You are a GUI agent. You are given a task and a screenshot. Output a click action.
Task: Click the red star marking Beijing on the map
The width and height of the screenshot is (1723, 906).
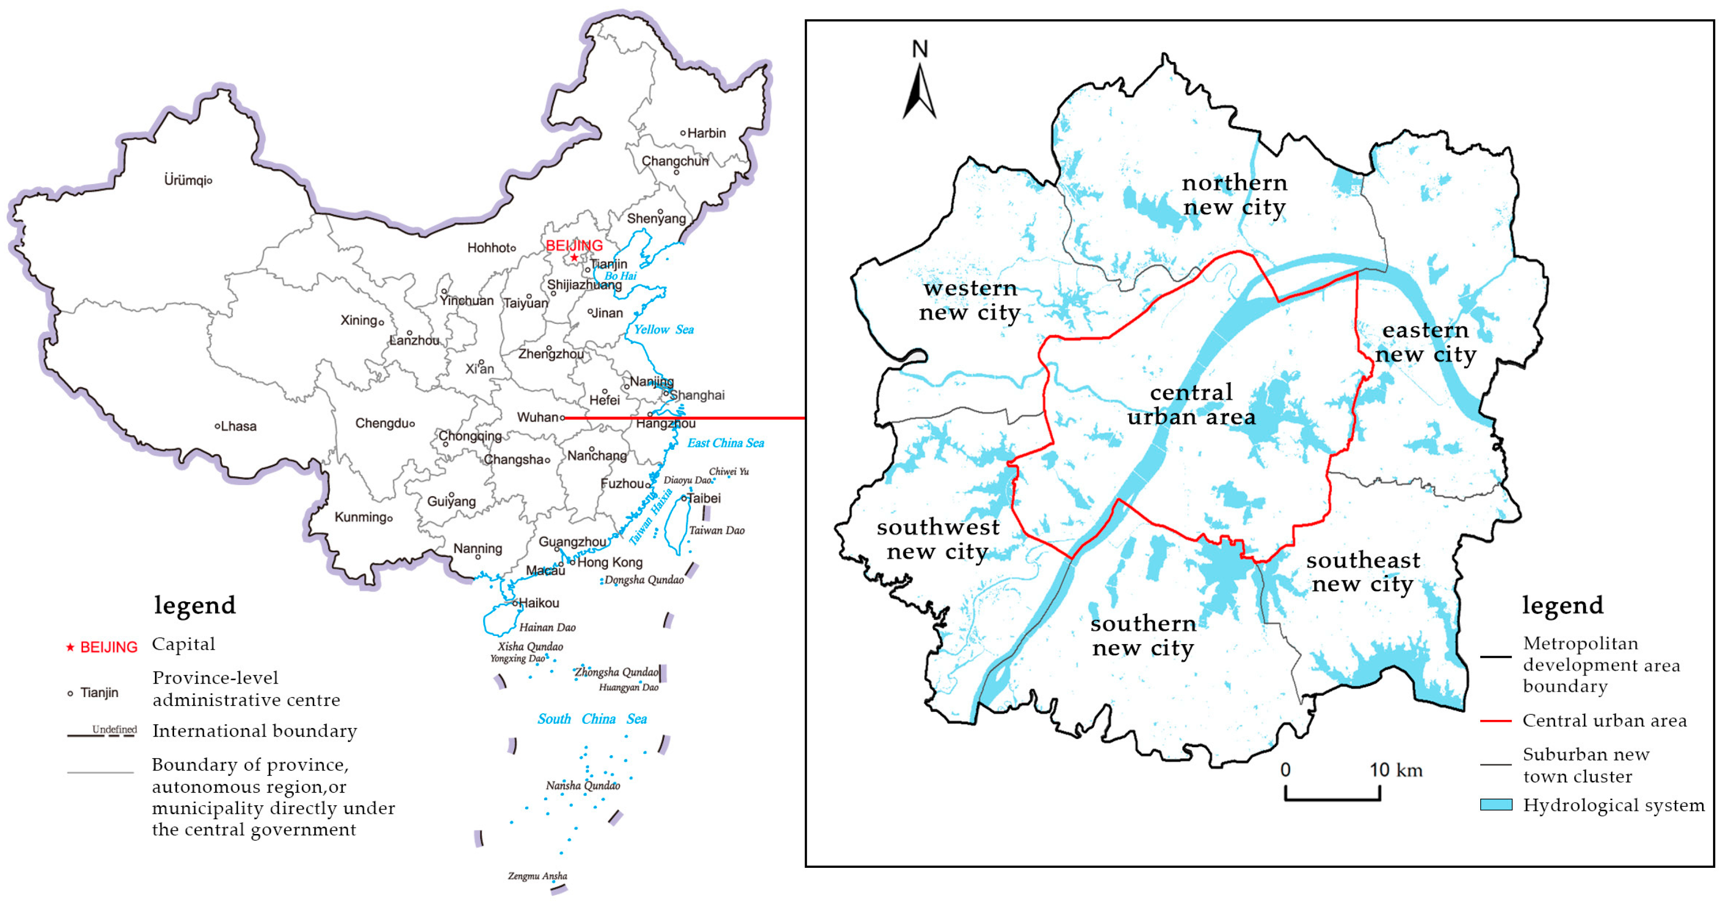[x=574, y=258]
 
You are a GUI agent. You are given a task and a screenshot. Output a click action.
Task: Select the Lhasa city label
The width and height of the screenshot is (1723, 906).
[x=238, y=426]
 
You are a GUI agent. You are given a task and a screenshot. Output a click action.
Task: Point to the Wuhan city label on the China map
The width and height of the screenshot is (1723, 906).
[x=537, y=417]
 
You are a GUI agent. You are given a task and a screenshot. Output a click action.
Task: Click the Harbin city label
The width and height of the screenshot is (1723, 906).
[x=706, y=133]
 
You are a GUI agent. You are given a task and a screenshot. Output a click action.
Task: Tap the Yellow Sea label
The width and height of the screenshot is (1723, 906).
[x=663, y=329]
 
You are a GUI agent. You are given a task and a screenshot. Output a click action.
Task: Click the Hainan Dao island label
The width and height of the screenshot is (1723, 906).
[x=547, y=627]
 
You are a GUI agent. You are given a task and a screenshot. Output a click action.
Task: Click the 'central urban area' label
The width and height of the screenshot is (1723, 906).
[x=1191, y=405]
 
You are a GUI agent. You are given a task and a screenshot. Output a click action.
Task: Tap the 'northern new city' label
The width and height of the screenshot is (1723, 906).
[x=1234, y=195]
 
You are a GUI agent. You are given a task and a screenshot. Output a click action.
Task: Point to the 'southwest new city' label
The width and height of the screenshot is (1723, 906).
[x=938, y=539]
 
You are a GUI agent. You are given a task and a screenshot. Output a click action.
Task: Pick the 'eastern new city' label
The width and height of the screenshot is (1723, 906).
[x=1425, y=342]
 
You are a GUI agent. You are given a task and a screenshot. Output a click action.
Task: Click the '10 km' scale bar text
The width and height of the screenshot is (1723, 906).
[x=1396, y=770]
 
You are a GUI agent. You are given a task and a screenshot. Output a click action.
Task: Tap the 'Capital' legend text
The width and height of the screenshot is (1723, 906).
[x=183, y=645]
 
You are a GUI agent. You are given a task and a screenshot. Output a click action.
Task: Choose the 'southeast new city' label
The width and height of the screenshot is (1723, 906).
[x=1362, y=572]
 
